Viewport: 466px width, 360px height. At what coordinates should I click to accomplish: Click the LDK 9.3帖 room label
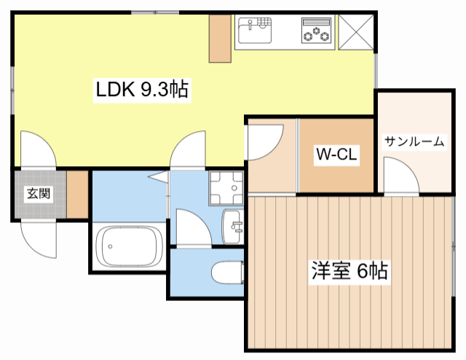point(143,90)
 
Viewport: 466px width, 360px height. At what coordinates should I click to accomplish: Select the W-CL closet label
point(335,154)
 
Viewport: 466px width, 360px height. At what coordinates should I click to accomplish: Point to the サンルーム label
point(414,141)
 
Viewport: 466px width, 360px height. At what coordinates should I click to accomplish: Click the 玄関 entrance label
point(39,194)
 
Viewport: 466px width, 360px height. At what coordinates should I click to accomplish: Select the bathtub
point(130,246)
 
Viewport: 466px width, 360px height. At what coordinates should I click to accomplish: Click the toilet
point(226,273)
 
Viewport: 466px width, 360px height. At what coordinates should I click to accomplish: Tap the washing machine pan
point(226,188)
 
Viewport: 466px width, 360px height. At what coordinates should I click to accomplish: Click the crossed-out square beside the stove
point(357,31)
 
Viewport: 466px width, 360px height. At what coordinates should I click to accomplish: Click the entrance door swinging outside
point(39,238)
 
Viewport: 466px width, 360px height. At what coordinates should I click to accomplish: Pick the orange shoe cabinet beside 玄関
point(76,195)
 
